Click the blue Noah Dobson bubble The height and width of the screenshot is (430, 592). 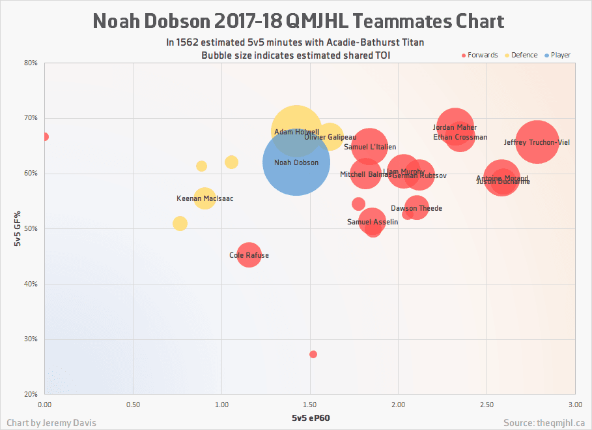point(296,162)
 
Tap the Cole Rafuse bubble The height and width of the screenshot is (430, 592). point(248,254)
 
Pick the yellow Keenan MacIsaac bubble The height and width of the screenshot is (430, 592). point(204,198)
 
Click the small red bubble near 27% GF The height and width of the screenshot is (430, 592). point(313,354)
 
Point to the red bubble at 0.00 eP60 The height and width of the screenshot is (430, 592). point(45,137)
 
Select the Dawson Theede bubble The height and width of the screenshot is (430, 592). point(416,208)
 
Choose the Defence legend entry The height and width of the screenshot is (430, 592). point(520,55)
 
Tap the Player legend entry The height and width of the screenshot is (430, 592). point(556,55)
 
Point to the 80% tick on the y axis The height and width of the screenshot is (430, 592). point(31,63)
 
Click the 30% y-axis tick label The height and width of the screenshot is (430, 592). point(31,339)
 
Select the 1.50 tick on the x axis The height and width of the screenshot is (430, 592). point(310,405)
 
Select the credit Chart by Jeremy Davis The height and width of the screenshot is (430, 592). point(49,423)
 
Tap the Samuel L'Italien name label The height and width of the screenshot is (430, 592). point(370,147)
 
